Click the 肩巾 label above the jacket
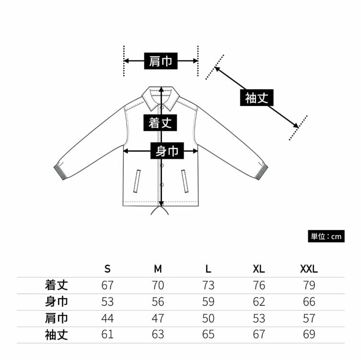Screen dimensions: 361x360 (161, 61)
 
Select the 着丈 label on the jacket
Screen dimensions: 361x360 (160, 122)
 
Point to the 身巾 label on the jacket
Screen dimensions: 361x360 (167, 151)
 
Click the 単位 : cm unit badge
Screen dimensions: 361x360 (326, 236)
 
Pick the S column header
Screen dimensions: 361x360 (107, 268)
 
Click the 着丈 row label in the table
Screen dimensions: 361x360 (56, 285)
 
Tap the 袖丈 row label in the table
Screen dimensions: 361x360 (56, 334)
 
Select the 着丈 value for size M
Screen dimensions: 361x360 (158, 285)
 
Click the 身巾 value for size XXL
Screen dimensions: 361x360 (309, 301)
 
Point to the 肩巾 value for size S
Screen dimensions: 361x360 (107, 318)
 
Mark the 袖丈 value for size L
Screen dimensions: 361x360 (208, 334)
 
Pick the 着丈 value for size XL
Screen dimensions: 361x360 (259, 285)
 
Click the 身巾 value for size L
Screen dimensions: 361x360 (208, 301)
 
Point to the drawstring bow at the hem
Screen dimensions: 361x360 (161, 211)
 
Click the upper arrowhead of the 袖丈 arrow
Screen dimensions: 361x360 (217, 69)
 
